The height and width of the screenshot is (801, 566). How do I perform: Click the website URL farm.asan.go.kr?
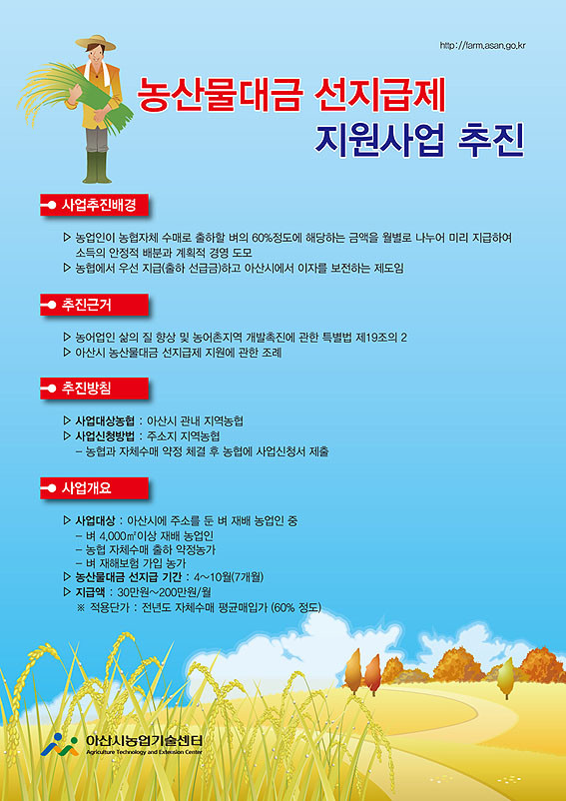tap(482, 46)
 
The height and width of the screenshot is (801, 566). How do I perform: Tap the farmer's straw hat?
tap(96, 43)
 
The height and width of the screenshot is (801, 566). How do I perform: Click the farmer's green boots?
tap(97, 167)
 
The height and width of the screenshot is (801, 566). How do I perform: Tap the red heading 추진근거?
tap(94, 305)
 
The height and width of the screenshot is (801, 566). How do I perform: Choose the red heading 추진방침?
tap(94, 389)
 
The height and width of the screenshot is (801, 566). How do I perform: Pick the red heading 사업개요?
tap(94, 487)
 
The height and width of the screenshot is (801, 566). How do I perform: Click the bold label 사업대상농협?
tap(105, 421)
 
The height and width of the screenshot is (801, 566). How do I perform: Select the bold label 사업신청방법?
tap(105, 436)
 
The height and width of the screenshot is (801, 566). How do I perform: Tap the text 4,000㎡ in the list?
tap(111, 536)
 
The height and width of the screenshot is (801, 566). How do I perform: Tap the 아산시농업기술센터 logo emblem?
tap(59, 745)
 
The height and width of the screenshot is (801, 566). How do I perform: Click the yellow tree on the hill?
tap(505, 678)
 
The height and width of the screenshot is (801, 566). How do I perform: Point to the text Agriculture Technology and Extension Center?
tap(144, 752)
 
